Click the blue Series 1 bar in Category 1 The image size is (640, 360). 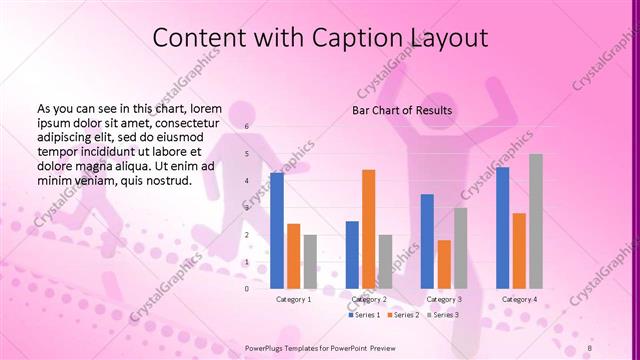tap(277, 231)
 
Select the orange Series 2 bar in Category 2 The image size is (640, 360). tap(369, 229)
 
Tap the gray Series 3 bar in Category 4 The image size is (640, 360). tap(536, 221)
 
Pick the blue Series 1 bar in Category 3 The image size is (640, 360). tap(427, 241)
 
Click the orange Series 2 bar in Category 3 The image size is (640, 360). tap(444, 264)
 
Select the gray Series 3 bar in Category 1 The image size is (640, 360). tap(310, 261)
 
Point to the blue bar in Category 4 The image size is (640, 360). tap(502, 228)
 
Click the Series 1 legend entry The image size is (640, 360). tap(364, 315)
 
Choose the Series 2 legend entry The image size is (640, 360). tap(402, 315)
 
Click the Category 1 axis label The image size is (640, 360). tap(294, 299)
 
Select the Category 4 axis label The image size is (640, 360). tap(519, 299)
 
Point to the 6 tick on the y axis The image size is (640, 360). tap(246, 128)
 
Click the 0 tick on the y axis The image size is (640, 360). tap(246, 288)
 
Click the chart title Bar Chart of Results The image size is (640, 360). tap(402, 109)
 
